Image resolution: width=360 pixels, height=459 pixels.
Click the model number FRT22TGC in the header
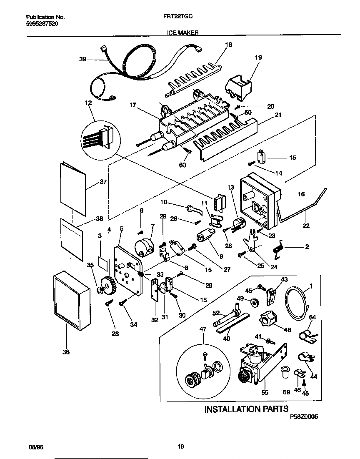[180, 18]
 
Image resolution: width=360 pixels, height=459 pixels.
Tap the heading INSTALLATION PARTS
[246, 409]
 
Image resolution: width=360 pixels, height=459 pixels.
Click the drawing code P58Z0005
[306, 416]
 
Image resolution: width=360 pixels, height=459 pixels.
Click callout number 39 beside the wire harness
[82, 60]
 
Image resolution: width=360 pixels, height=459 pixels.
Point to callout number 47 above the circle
[203, 329]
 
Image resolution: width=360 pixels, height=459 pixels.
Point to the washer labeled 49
[253, 301]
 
